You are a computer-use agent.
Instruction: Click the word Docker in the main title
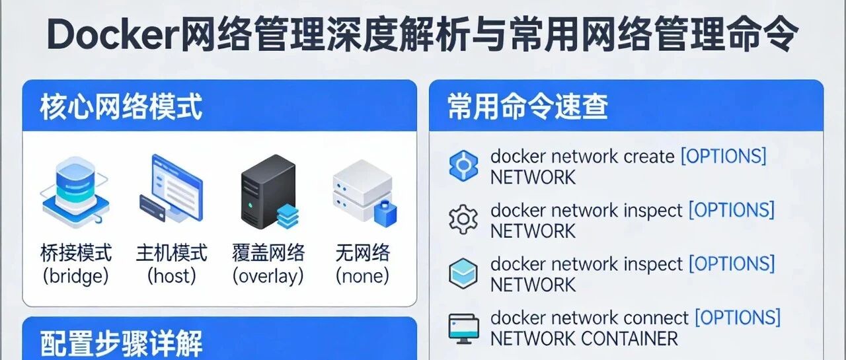(x=113, y=35)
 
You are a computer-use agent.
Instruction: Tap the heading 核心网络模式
(x=121, y=107)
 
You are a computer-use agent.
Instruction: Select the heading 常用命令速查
(x=527, y=107)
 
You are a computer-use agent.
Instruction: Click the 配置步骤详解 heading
(x=121, y=343)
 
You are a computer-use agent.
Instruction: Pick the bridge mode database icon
(x=75, y=192)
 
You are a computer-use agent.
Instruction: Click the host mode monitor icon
(x=171, y=189)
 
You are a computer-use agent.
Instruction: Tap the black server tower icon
(x=270, y=192)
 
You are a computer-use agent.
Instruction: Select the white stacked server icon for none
(x=364, y=193)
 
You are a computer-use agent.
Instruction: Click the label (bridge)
(x=76, y=276)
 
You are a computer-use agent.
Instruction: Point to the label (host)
(x=171, y=276)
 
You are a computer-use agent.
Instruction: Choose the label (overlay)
(x=268, y=276)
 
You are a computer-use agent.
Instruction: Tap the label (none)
(x=363, y=276)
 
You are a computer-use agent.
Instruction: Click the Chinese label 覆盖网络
(x=268, y=253)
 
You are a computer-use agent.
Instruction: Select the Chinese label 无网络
(x=363, y=253)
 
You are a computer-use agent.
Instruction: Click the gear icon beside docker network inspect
(x=463, y=219)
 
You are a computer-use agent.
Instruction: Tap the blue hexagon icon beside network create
(x=463, y=166)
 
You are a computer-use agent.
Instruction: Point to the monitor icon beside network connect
(x=464, y=329)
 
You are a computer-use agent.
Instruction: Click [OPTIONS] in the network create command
(x=723, y=157)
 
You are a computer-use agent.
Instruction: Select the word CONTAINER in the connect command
(x=629, y=338)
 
